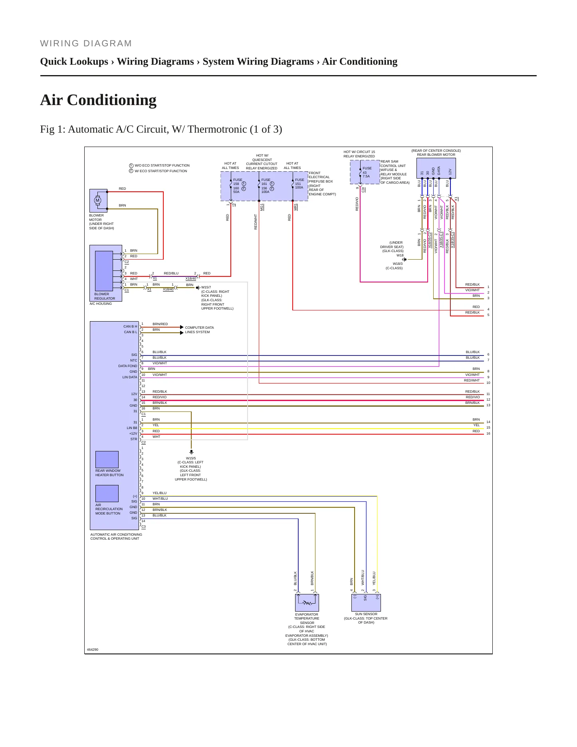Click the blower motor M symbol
[97, 201]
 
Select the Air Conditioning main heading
[98, 100]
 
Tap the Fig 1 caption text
[161, 129]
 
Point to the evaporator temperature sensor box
[307, 602]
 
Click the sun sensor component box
[366, 602]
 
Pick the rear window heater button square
[107, 459]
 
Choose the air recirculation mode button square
[107, 493]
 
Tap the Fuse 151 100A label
[299, 184]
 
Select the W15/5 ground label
[191, 458]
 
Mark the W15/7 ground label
[206, 287]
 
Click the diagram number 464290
[93, 650]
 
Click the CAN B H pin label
[130, 326]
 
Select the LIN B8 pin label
[132, 428]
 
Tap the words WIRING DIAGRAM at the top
[86, 44]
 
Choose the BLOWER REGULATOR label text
[105, 296]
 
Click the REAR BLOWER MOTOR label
[436, 155]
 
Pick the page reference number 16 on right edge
[488, 433]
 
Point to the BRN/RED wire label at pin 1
[160, 324]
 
